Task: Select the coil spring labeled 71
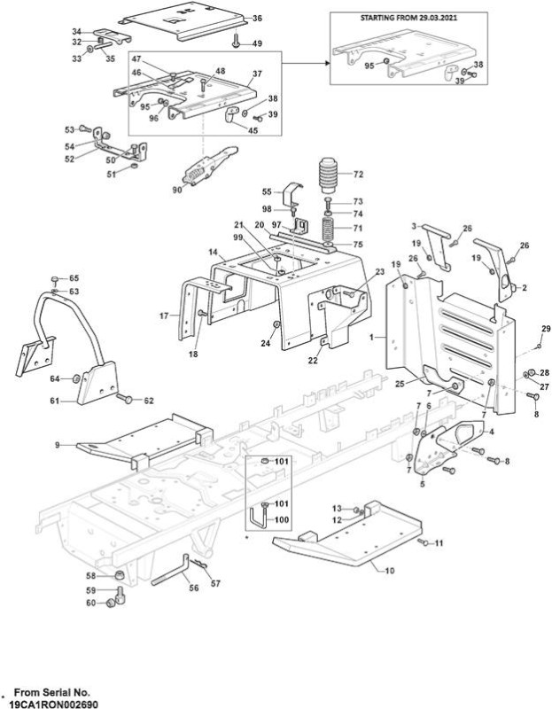point(329,230)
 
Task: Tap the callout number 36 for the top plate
point(257,19)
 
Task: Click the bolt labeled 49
point(236,42)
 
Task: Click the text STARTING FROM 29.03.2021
point(408,18)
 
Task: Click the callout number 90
point(177,190)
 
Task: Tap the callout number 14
point(214,252)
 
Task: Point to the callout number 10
point(389,571)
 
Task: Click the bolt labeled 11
point(423,541)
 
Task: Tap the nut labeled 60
point(109,604)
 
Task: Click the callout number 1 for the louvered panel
point(371,337)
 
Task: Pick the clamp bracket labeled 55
point(292,192)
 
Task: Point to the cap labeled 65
point(55,278)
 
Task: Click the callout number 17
point(164,316)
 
